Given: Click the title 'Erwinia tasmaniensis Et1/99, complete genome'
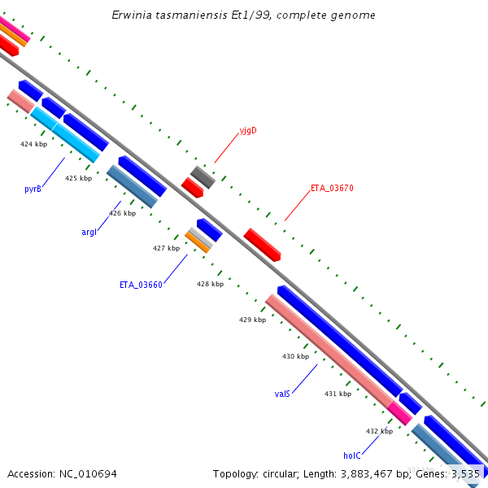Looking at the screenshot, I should pos(244,15).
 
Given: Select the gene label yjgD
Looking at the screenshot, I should pos(247,130).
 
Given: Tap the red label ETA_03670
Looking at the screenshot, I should pos(332,188).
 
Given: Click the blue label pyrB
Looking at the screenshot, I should pos(33,189).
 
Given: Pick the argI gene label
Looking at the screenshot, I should pos(89,232).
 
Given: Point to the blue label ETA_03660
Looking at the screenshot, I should pos(141,285).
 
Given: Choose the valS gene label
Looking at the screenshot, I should pos(282,394).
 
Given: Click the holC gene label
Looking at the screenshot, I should pos(351,455).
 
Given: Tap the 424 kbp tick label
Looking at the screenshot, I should pos(33,144).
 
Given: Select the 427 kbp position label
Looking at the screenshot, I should pos(166,248).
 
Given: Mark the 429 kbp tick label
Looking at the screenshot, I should pos(252,320).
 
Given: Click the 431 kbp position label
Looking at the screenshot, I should pos(338,394).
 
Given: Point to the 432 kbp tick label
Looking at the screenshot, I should pos(379,431).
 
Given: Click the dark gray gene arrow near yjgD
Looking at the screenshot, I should pos(203,176).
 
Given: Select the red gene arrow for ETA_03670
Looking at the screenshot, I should pos(262,244).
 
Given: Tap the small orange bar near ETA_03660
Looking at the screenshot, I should pos(197,242).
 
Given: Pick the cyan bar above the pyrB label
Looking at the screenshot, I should pos(65,134).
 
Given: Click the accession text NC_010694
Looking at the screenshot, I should pos(62,473).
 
